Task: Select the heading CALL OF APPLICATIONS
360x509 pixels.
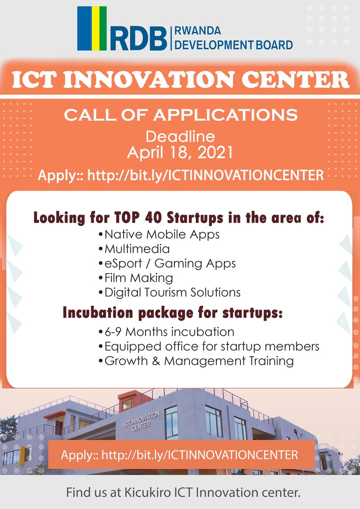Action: (180, 115)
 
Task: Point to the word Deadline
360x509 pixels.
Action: (180, 137)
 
